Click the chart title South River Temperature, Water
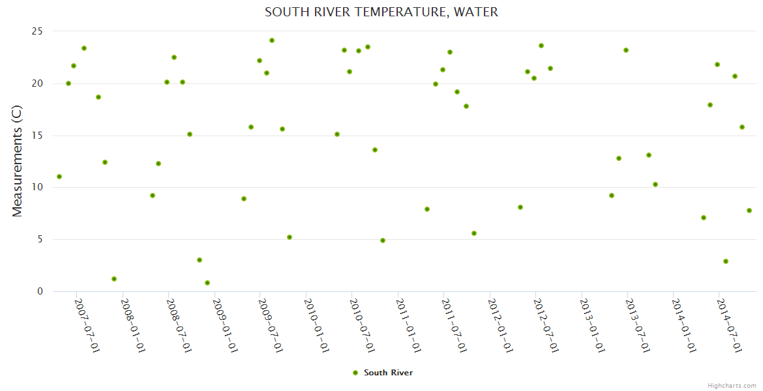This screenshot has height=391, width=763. click(x=381, y=12)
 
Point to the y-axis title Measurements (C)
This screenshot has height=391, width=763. click(x=18, y=161)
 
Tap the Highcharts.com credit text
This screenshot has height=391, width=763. click(x=732, y=385)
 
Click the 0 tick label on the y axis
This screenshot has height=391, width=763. click(x=40, y=291)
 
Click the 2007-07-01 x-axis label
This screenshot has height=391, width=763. click(x=87, y=325)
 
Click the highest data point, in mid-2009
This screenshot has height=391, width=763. click(x=272, y=40)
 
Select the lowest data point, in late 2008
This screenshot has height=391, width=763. click(x=207, y=283)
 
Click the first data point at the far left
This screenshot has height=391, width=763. click(x=59, y=177)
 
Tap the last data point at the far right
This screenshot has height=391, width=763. click(x=749, y=210)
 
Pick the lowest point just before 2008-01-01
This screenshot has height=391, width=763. click(x=114, y=279)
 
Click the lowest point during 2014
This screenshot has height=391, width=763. click(x=726, y=261)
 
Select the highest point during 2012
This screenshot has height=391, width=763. click(x=541, y=46)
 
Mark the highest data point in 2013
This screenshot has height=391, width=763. click(x=626, y=50)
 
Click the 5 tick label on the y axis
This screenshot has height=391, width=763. click(x=40, y=239)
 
